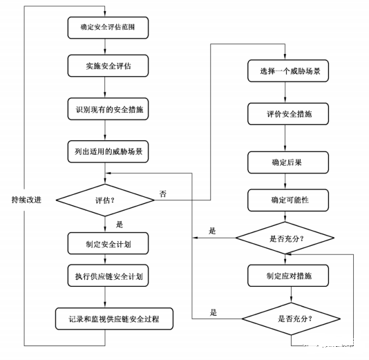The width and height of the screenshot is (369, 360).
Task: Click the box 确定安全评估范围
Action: coord(106,28)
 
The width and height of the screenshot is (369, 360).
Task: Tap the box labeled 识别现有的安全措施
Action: coord(106,109)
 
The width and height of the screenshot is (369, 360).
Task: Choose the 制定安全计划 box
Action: coord(106,243)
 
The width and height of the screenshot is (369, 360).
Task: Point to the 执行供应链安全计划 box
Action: coord(106,276)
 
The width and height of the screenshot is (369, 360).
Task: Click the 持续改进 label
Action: coord(26,200)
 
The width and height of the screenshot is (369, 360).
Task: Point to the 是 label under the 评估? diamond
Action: coord(119,224)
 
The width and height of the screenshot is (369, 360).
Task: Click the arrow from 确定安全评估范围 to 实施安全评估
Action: coord(106,47)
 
